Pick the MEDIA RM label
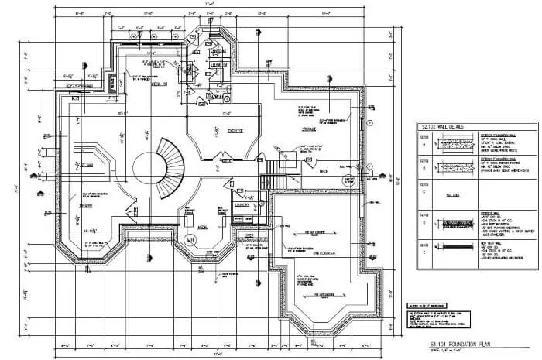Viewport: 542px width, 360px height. [161, 87]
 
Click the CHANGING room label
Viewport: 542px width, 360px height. [217, 52]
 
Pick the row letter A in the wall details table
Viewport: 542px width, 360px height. [424, 144]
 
